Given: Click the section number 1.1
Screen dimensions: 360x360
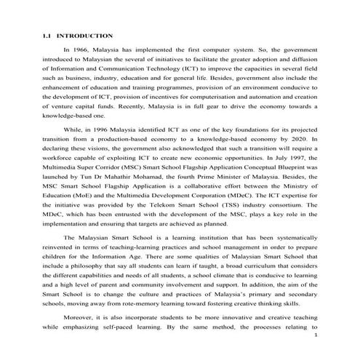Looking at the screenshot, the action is (x=46, y=35).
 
